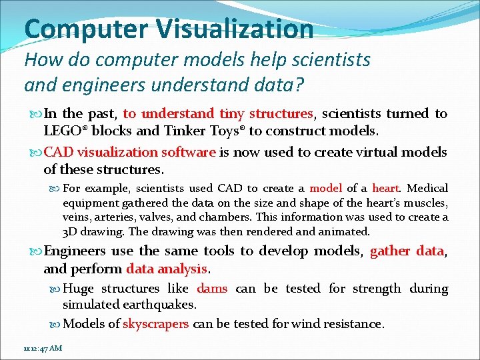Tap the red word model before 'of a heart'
(326, 188)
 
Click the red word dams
(212, 289)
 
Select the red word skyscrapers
(156, 324)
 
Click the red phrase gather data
(407, 251)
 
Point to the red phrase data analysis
(167, 269)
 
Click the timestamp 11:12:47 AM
(42, 349)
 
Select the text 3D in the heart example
(71, 232)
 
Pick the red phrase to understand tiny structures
(218, 113)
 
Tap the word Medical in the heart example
(427, 188)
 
